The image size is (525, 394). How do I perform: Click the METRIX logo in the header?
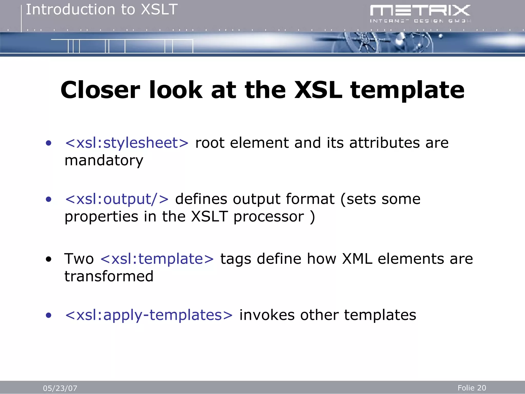coord(420,13)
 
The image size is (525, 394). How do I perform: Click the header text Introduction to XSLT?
coord(102,10)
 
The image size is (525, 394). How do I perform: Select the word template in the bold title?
coord(407,90)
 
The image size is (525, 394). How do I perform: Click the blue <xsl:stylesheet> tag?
coord(127,143)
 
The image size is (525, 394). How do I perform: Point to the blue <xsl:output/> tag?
coord(117,199)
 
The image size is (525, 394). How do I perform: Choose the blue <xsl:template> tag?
coord(157,259)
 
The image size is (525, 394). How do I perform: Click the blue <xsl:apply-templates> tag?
coord(149,315)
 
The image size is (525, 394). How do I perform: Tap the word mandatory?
coord(104,161)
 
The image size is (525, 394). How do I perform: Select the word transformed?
coord(109,276)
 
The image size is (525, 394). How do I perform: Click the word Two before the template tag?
coord(79,259)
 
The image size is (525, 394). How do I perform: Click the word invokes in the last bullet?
coord(267,315)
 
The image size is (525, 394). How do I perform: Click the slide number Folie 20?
coord(472,388)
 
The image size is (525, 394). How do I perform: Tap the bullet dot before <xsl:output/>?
coord(48,199)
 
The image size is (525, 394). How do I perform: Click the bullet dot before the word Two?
coord(48,259)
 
